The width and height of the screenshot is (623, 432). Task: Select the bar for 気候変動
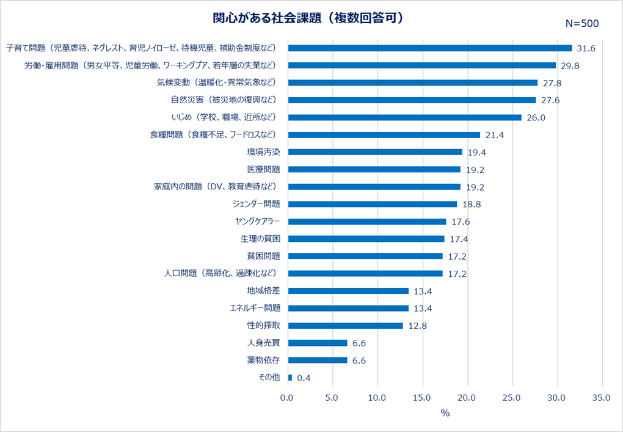[x=412, y=82]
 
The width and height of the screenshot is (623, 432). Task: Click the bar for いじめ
[x=404, y=117]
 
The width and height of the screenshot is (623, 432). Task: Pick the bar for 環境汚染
[x=374, y=152]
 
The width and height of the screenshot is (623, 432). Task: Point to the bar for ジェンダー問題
[x=372, y=204]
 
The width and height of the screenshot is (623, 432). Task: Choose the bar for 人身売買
[x=317, y=343]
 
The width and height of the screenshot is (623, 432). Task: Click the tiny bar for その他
[x=290, y=378]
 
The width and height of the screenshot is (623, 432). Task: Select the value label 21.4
[x=494, y=135]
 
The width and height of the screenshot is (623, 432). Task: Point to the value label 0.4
[x=304, y=378]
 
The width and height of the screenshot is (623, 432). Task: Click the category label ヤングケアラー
[x=257, y=221]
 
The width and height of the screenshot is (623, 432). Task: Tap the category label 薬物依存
[x=263, y=360]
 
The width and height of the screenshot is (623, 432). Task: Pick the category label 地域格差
[x=263, y=291]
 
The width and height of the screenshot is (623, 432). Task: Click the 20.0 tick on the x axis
[x=467, y=398]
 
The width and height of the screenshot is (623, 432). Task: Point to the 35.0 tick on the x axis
[x=602, y=398]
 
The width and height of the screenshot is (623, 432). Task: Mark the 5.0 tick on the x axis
[x=332, y=398]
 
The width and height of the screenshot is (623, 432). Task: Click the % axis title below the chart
[x=445, y=414]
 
